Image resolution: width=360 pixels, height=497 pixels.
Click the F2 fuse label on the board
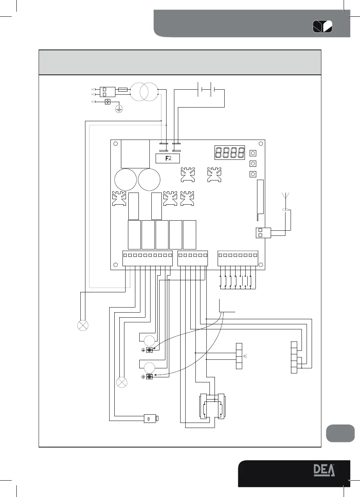point(167,158)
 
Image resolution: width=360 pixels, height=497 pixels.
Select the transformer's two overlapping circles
point(144,92)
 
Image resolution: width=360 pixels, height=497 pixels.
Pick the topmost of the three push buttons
point(252,153)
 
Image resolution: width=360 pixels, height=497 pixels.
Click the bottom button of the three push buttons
point(252,174)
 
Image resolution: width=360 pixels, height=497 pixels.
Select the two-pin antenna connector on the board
point(261,233)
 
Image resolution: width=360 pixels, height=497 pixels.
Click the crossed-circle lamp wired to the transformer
point(83,325)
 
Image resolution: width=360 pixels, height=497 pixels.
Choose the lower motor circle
point(148,367)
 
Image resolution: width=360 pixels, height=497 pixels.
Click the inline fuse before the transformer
point(122,90)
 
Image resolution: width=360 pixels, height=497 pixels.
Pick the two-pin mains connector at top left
point(105,92)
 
